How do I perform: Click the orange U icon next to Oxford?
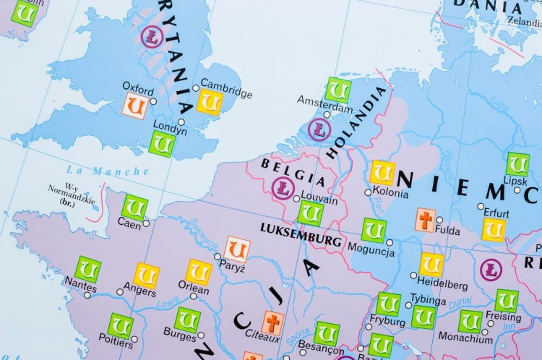click(x=135, y=106)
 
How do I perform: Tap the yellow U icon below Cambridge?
click(x=210, y=103)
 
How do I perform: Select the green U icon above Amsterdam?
click(x=337, y=90)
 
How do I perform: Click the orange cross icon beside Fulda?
click(x=426, y=220)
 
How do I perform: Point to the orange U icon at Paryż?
click(x=237, y=249)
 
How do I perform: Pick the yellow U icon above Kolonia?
click(x=382, y=173)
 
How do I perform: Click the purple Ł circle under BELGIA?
click(x=283, y=189)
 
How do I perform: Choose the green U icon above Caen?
click(x=134, y=207)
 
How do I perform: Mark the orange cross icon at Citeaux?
click(x=272, y=322)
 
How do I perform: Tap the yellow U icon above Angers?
click(x=146, y=275)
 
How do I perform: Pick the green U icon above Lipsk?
click(x=517, y=164)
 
